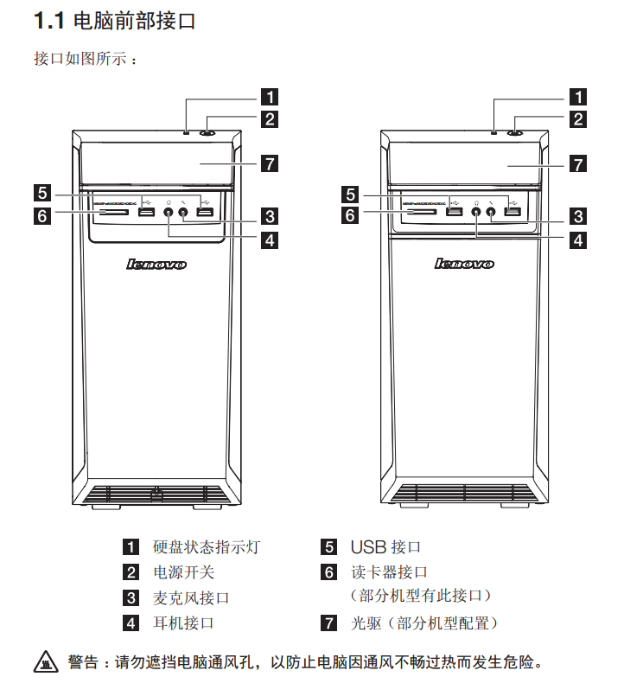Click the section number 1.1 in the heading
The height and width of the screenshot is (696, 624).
[x=48, y=20]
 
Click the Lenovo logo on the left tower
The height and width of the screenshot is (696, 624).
[x=156, y=264]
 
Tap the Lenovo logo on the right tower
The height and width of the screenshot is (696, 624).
[x=464, y=264]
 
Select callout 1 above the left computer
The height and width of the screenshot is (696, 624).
[x=271, y=97]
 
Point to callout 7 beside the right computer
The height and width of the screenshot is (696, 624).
[x=577, y=163]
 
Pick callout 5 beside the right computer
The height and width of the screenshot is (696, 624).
[x=350, y=194]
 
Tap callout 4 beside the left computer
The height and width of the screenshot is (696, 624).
[x=271, y=239]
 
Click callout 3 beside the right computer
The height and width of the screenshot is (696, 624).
[x=577, y=216]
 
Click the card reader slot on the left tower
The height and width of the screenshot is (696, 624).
[x=115, y=210]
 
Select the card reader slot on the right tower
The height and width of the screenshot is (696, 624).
[x=422, y=210]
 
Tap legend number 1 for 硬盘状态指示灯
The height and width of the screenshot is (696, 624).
[x=131, y=547]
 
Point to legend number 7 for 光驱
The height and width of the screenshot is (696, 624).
[x=328, y=623]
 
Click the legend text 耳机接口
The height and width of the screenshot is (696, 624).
[x=183, y=623]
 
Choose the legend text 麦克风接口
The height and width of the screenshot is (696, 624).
[x=191, y=597]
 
